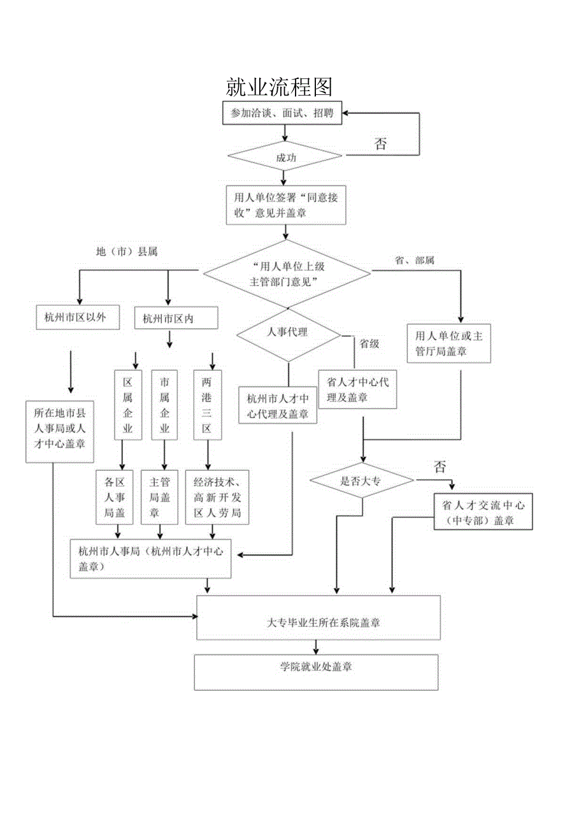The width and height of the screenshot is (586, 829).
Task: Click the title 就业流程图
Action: click(279, 87)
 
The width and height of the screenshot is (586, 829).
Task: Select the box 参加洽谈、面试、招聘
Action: click(282, 114)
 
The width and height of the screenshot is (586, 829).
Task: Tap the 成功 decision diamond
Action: click(285, 156)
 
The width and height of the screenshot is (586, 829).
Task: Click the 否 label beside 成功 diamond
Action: click(380, 143)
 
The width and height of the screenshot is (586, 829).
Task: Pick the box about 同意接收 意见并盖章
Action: click(286, 205)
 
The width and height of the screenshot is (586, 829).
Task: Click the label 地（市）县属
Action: click(126, 252)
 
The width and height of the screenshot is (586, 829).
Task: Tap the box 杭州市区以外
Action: click(78, 317)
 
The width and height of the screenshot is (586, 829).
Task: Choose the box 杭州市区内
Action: click(168, 318)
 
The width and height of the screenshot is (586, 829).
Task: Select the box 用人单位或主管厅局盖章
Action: click(449, 343)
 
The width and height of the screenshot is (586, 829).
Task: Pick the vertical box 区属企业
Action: click(127, 405)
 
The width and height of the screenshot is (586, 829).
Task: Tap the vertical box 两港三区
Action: click(206, 405)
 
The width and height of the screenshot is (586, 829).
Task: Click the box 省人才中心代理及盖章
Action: click(357, 389)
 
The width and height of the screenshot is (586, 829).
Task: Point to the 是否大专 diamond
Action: click(361, 481)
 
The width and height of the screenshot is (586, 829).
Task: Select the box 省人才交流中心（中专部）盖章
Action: click(483, 512)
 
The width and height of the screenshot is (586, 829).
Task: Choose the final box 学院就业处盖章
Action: click(316, 671)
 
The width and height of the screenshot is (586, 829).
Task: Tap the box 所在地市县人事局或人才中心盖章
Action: click(60, 431)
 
